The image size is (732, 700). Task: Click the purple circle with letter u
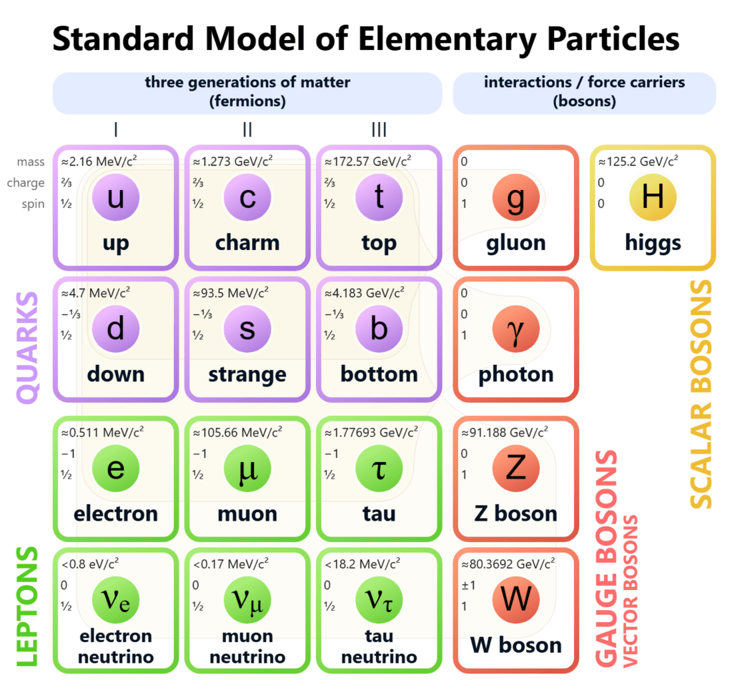[115, 197]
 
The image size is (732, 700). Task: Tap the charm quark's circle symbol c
[247, 197]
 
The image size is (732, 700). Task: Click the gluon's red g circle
[515, 197]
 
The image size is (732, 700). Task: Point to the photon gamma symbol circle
[515, 329]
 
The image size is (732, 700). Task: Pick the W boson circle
[515, 599]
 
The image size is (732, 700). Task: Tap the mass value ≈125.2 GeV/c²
[638, 161]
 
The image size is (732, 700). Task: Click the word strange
[247, 374]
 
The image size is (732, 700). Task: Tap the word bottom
[379, 374]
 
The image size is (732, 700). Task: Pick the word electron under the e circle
[115, 513]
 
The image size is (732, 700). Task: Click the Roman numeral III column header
[379, 129]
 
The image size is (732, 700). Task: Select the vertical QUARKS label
[28, 347]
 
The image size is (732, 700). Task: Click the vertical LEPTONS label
[26, 607]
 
